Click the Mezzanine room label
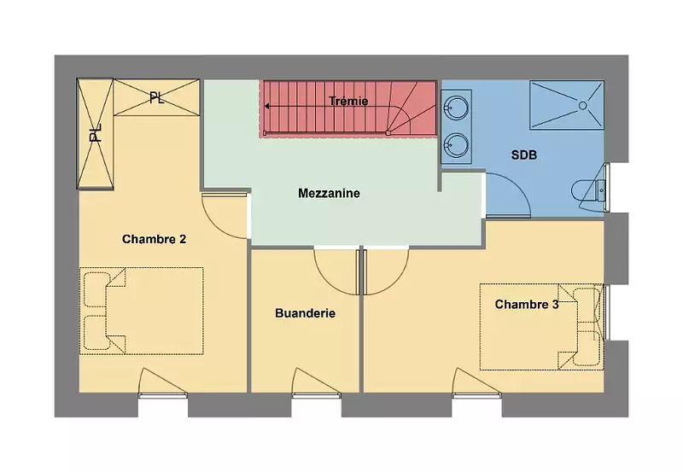(329, 194)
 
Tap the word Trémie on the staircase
(348, 101)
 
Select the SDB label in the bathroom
(524, 155)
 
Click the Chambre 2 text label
(155, 239)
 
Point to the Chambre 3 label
(527, 304)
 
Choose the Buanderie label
(306, 313)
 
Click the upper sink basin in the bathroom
(456, 106)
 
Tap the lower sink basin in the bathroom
(456, 143)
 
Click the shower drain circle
(583, 105)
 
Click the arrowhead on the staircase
(267, 106)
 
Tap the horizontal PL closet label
(157, 97)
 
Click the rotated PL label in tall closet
(96, 133)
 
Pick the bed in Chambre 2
(142, 311)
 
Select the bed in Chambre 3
(542, 327)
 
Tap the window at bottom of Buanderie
(316, 395)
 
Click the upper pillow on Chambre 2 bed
(96, 289)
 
